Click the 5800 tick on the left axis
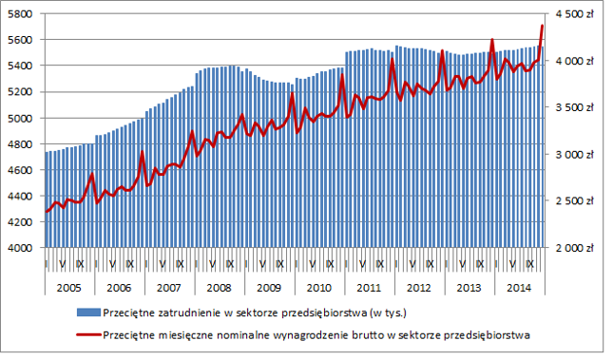[x=20, y=14]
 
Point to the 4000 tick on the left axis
[x=20, y=248]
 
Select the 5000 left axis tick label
[x=20, y=118]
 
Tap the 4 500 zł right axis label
[x=575, y=14]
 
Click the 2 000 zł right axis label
[x=575, y=248]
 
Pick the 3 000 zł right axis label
[x=575, y=155]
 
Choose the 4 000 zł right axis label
[x=575, y=61]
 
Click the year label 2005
[x=68, y=288]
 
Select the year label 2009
[x=269, y=288]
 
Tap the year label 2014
[x=519, y=288]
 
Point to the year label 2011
[x=369, y=288]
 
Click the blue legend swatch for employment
[x=88, y=313]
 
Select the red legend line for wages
[x=88, y=335]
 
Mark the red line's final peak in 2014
[x=543, y=26]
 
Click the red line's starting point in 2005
[x=47, y=212]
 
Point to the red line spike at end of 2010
[x=342, y=75]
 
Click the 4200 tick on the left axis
[x=20, y=222]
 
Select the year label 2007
[x=169, y=288]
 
